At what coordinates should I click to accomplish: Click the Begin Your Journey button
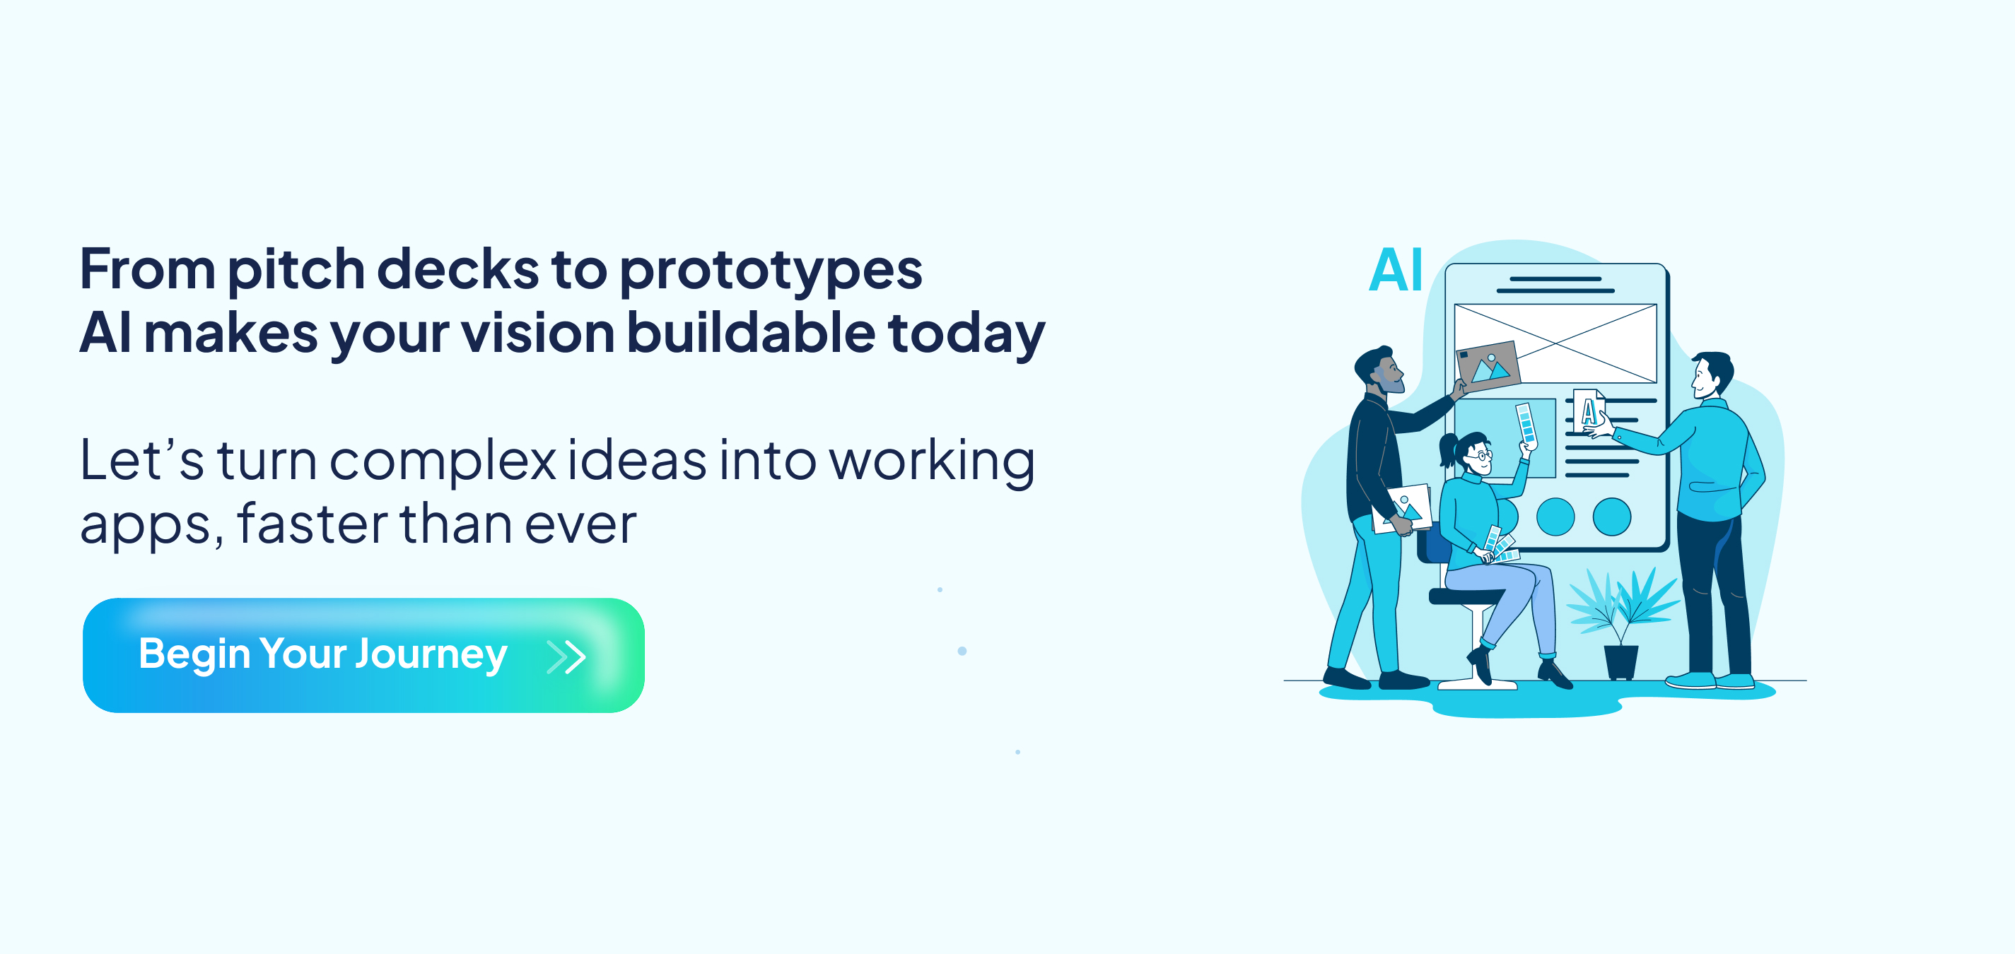pyautogui.click(x=363, y=655)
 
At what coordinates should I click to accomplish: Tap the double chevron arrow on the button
pyautogui.click(x=566, y=657)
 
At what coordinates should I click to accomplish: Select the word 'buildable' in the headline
pyautogui.click(x=751, y=332)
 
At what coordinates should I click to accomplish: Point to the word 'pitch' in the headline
pyautogui.click(x=296, y=271)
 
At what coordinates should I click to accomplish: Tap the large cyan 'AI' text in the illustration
pyautogui.click(x=1396, y=270)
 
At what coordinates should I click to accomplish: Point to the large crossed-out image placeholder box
pyautogui.click(x=1555, y=343)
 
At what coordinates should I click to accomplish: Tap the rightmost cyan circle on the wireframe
pyautogui.click(x=1612, y=517)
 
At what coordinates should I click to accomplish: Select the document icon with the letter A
pyautogui.click(x=1589, y=410)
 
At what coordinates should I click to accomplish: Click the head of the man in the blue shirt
pyautogui.click(x=1712, y=375)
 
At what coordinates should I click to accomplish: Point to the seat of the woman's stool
pyautogui.click(x=1464, y=596)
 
